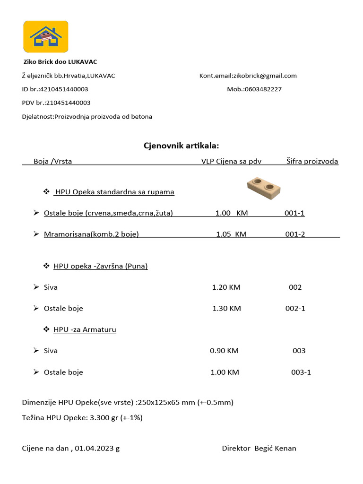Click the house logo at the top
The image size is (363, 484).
pyautogui.click(x=46, y=36)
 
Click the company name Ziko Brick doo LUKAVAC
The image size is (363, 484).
pyautogui.click(x=60, y=62)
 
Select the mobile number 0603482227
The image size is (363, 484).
pyautogui.click(x=263, y=89)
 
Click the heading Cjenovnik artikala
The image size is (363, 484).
pyautogui.click(x=181, y=146)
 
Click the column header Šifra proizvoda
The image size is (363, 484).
pyautogui.click(x=312, y=161)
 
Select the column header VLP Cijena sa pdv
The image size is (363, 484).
pyautogui.click(x=231, y=161)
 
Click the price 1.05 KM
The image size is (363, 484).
pyautogui.click(x=231, y=234)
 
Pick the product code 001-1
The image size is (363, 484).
pyautogui.click(x=294, y=213)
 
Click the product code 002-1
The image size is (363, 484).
pyautogui.click(x=295, y=309)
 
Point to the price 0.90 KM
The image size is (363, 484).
pyautogui.click(x=224, y=351)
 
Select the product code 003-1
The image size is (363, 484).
pyautogui.click(x=301, y=372)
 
